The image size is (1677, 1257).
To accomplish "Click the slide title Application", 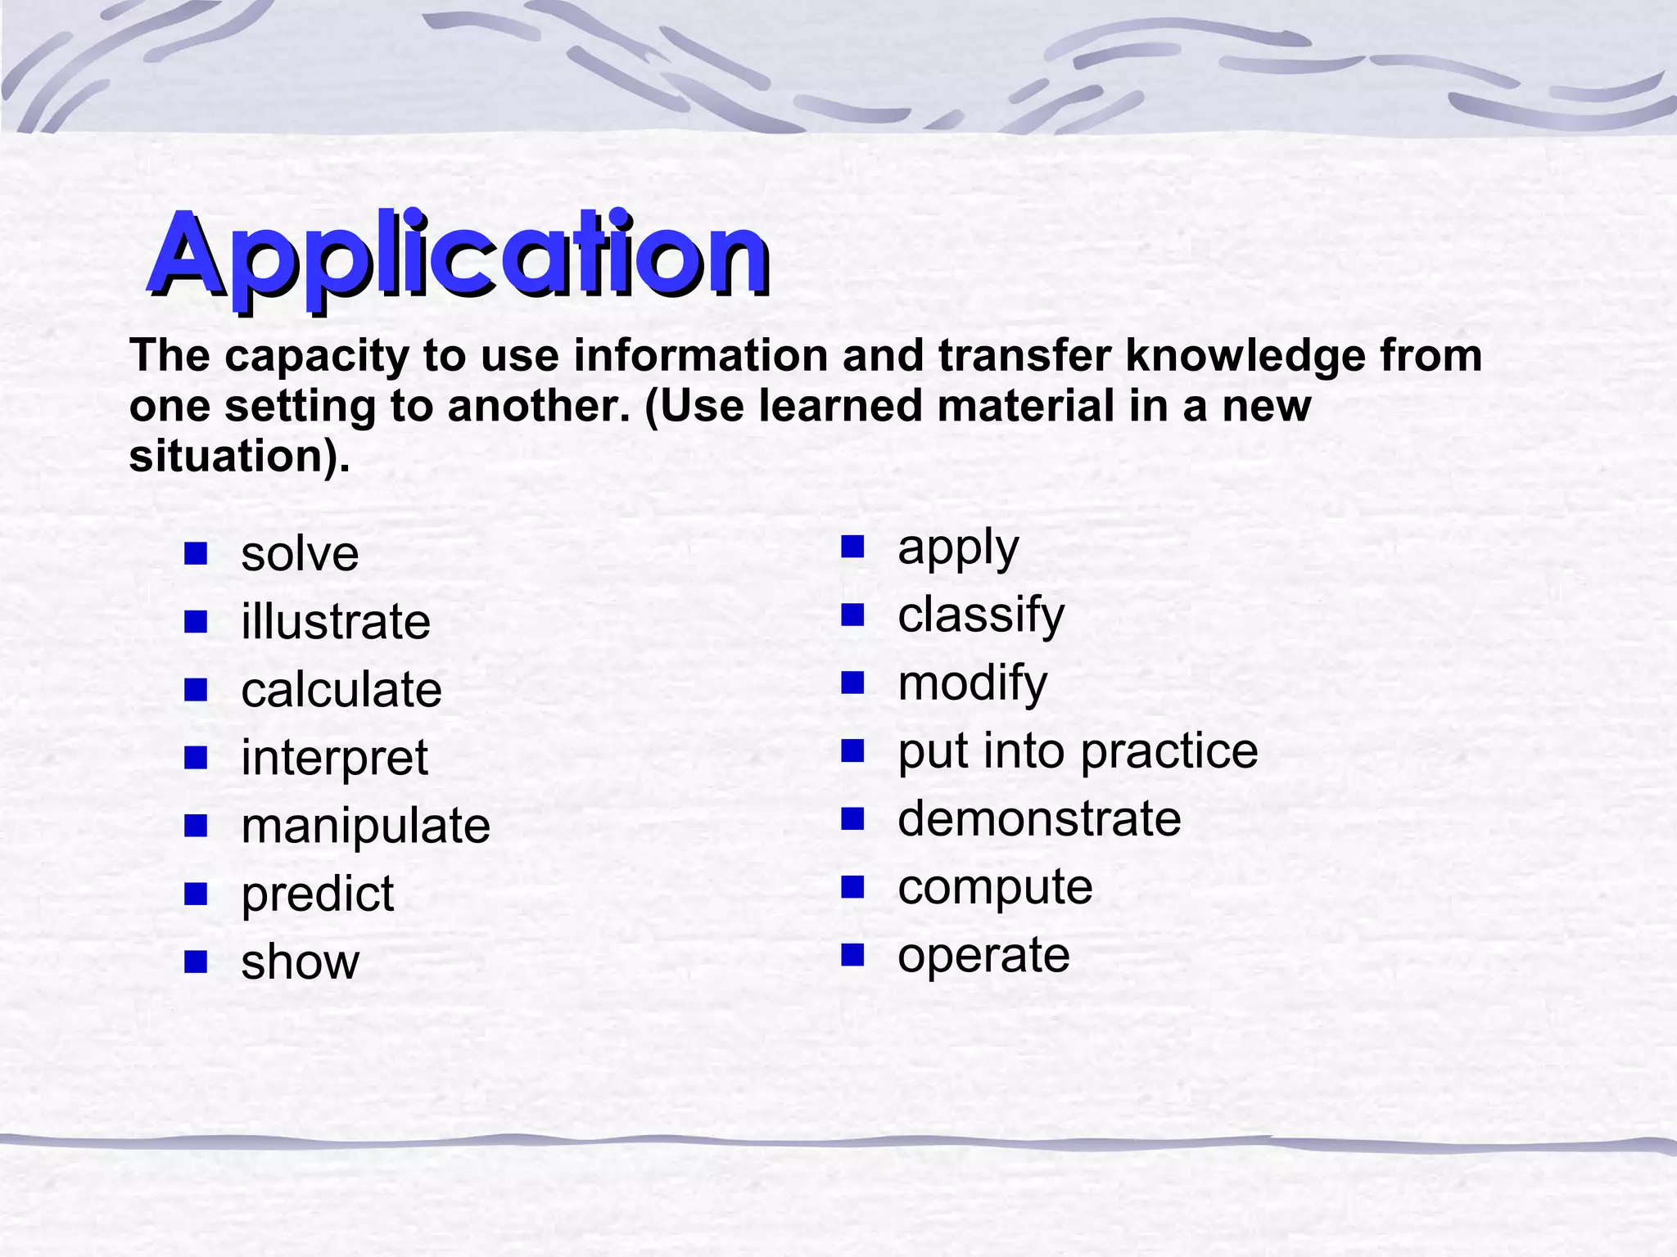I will pyautogui.click(x=459, y=255).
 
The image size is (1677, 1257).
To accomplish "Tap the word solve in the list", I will pyautogui.click(x=300, y=554).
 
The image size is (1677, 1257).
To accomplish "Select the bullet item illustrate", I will pyautogui.click(x=335, y=622).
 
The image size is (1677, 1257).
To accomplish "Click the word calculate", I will pyautogui.click(x=341, y=690).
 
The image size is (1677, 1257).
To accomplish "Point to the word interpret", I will pyautogui.click(x=334, y=759).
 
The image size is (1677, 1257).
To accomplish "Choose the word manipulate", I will pyautogui.click(x=365, y=827).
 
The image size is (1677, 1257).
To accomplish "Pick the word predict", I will pyautogui.click(x=318, y=894).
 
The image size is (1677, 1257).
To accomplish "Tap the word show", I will pyautogui.click(x=300, y=962).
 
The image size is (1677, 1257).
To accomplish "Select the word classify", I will pyautogui.click(x=981, y=615).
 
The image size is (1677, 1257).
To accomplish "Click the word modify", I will pyautogui.click(x=972, y=683).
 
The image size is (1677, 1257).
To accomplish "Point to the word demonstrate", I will pyautogui.click(x=1039, y=819).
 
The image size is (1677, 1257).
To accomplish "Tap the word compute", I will pyautogui.click(x=995, y=887).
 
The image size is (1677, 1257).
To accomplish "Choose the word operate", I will pyautogui.click(x=983, y=955).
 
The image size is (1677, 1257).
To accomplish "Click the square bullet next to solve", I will pyautogui.click(x=196, y=554).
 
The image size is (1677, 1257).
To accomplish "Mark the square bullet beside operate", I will pyautogui.click(x=852, y=954).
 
